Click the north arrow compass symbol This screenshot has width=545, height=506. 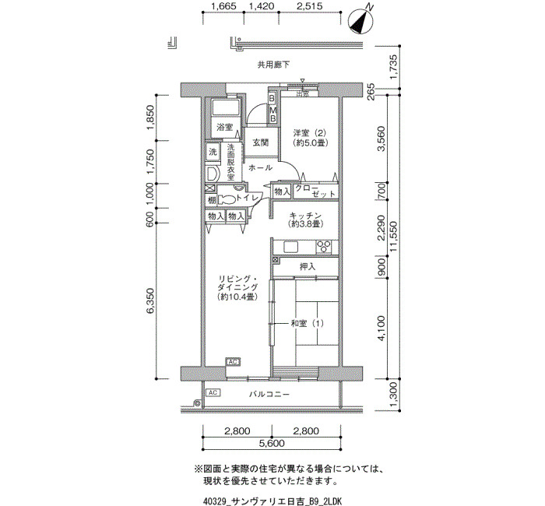pyautogui.click(x=361, y=21)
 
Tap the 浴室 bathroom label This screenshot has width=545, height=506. pyautogui.click(x=224, y=127)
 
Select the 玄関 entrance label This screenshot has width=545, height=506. pyautogui.click(x=260, y=142)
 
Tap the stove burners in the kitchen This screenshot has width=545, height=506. pyautogui.click(x=324, y=247)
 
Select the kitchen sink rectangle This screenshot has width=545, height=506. pyautogui.click(x=290, y=247)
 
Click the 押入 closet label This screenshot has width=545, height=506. pyautogui.click(x=308, y=267)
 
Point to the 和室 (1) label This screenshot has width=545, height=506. pyautogui.click(x=307, y=324)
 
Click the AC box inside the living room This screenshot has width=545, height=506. pyautogui.click(x=233, y=362)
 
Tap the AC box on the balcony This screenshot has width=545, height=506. pyautogui.click(x=213, y=392)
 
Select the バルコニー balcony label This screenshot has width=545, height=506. pyautogui.click(x=269, y=395)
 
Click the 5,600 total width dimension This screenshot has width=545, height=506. pyautogui.click(x=272, y=444)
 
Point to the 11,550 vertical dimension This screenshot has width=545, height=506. pyautogui.click(x=394, y=237)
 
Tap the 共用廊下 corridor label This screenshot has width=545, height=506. pyautogui.click(x=273, y=65)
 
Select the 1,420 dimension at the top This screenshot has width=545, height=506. pyautogui.click(x=262, y=6)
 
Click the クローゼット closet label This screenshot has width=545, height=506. pyautogui.click(x=315, y=191)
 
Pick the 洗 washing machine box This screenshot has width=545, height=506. pyautogui.click(x=213, y=152)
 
